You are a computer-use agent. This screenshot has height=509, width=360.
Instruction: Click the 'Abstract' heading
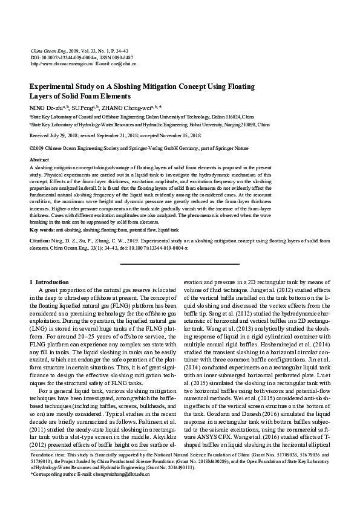[39, 159]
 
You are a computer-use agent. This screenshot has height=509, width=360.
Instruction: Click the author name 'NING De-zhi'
[45, 106]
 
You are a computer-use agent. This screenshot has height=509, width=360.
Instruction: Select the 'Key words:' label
[42, 230]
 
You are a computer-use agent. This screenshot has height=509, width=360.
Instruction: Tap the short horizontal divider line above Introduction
[179, 264]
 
